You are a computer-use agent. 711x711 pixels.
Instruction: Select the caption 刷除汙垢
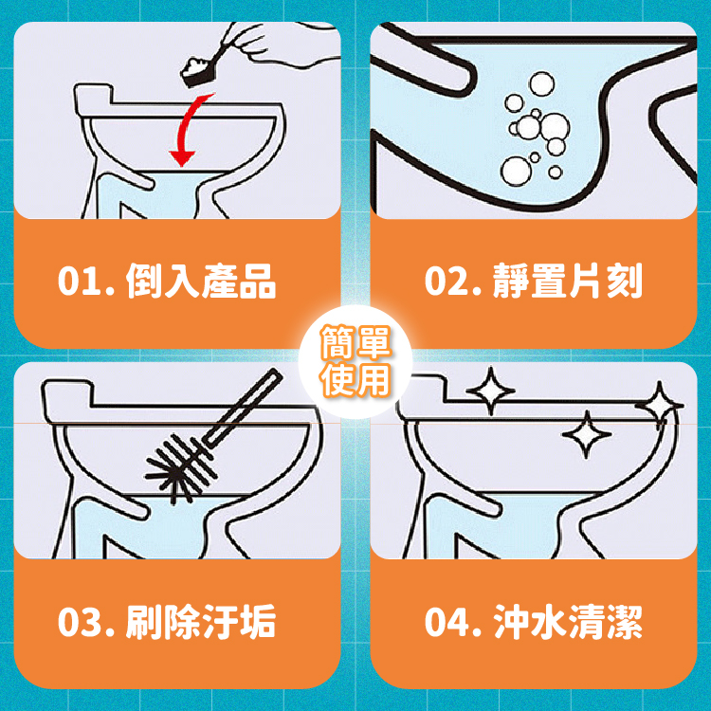tap(201, 622)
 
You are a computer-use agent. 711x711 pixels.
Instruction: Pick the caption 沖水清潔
tap(568, 622)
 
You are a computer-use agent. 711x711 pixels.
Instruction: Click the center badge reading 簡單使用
tap(355, 361)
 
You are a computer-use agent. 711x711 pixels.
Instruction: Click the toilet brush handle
tap(243, 406)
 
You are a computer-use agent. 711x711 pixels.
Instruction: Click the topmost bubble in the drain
tap(541, 83)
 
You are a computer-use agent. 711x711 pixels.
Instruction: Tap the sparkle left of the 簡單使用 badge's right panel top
tap(490, 391)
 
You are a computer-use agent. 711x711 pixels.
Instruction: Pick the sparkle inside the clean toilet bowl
tap(586, 434)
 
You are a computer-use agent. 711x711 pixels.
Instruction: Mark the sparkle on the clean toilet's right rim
tap(659, 405)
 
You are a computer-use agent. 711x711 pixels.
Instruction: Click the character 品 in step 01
tap(258, 282)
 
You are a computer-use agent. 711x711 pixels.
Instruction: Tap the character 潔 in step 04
tap(625, 622)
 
